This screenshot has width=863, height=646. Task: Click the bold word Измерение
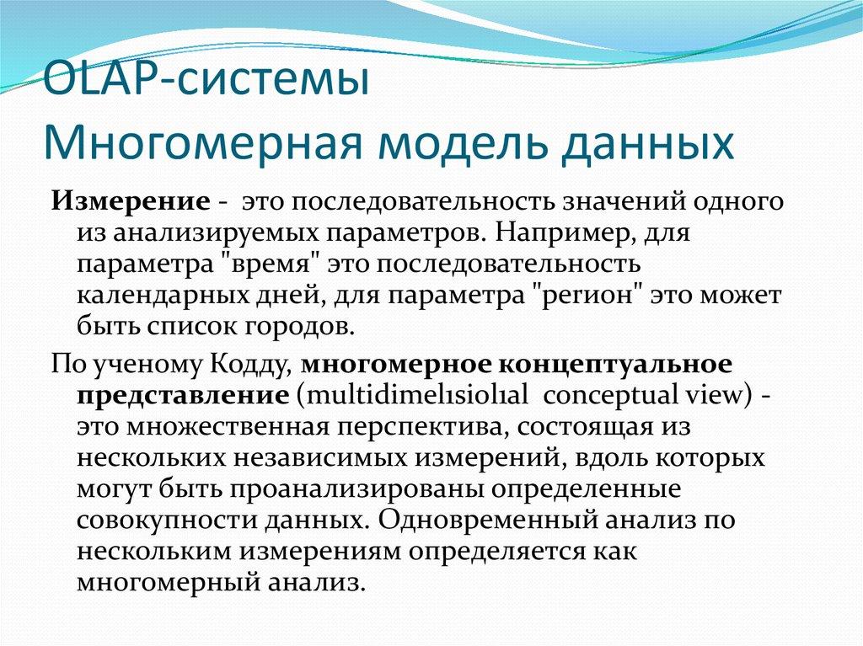(x=131, y=201)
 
